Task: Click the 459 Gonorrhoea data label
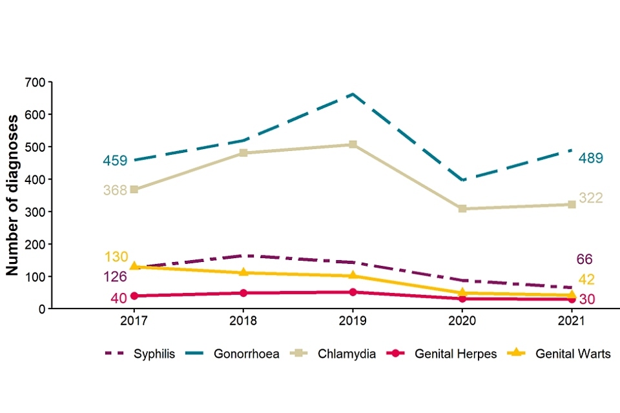(115, 161)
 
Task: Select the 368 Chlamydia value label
(115, 190)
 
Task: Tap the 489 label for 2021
(591, 158)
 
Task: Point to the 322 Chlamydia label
(590, 198)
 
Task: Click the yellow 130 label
(116, 257)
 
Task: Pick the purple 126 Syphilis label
(115, 277)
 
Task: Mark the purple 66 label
(584, 259)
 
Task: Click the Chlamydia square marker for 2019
(353, 145)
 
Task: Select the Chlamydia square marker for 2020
(462, 209)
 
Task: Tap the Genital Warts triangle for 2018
(243, 272)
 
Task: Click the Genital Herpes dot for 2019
(353, 292)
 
